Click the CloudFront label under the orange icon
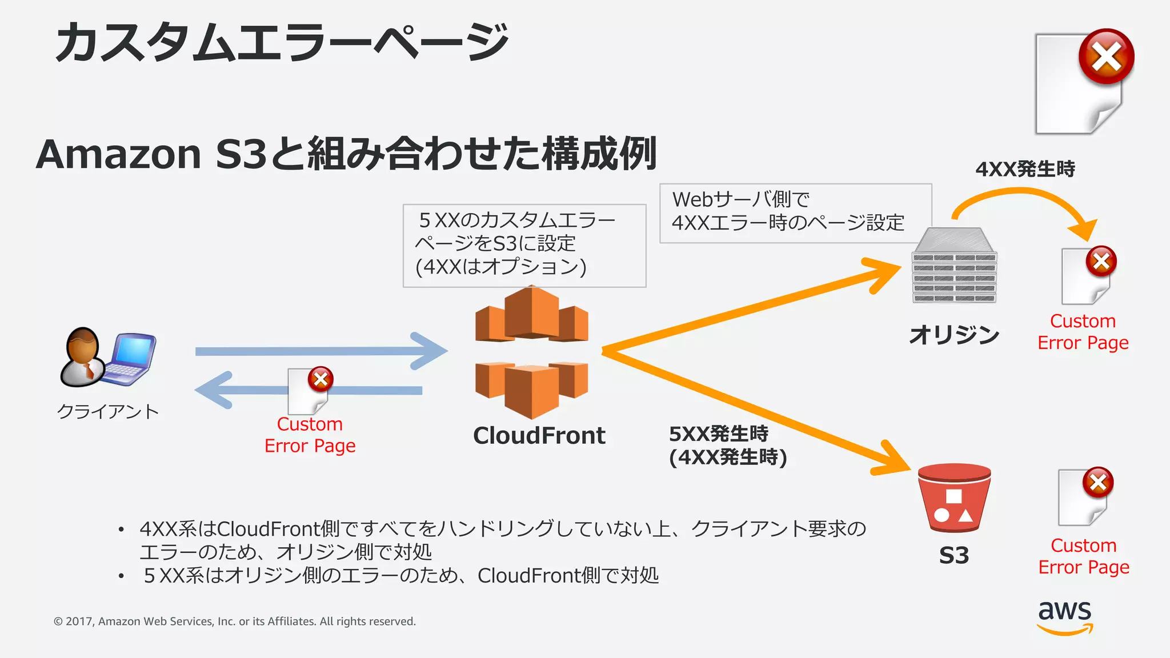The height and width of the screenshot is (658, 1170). pos(539,436)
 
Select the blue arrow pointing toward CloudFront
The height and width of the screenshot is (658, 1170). pos(320,351)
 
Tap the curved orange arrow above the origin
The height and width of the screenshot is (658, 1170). pos(1023,200)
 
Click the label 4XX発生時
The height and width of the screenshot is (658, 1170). pos(1025,169)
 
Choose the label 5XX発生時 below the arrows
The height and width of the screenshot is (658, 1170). pos(719,434)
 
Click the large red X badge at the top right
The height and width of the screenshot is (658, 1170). pos(1106,57)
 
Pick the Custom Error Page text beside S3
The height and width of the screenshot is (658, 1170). pos(1084,556)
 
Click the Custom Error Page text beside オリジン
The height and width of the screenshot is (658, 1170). pos(1083,332)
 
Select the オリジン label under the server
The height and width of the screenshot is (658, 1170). pos(953,335)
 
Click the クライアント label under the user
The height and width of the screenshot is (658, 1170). pos(107,411)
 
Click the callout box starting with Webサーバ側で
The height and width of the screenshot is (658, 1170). pos(795,213)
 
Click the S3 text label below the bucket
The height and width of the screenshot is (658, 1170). pos(953,555)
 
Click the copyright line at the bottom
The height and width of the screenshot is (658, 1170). pos(234,621)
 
